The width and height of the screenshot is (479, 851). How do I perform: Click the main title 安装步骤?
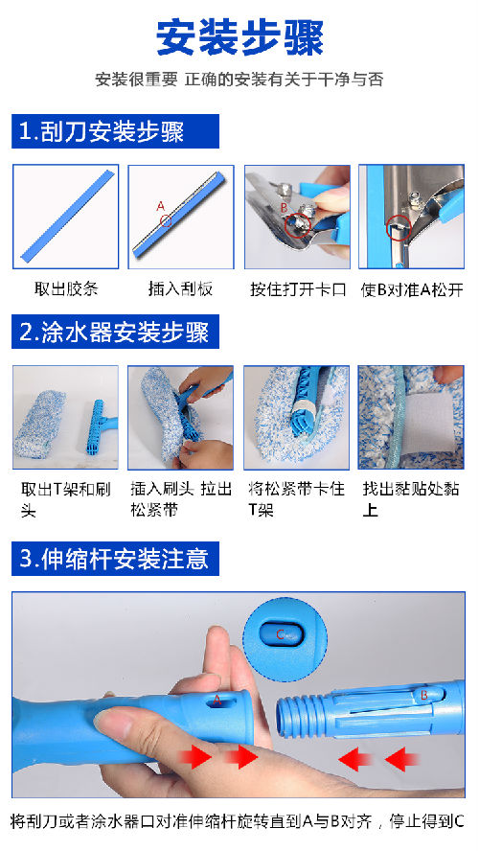pyautogui.click(x=239, y=37)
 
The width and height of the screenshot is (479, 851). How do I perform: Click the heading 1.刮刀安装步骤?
pyautogui.click(x=102, y=132)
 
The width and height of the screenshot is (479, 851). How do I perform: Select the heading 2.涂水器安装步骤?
pyautogui.click(x=114, y=332)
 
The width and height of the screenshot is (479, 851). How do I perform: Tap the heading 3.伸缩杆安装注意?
pyautogui.click(x=114, y=559)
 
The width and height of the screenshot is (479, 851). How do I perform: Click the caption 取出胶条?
pyautogui.click(x=66, y=288)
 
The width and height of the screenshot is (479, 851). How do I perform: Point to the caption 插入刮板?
pyautogui.click(x=181, y=288)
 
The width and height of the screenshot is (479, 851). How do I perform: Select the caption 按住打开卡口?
pyautogui.click(x=298, y=288)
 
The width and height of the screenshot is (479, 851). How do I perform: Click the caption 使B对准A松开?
pyautogui.click(x=412, y=289)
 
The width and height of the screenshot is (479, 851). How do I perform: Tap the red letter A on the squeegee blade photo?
pyautogui.click(x=160, y=206)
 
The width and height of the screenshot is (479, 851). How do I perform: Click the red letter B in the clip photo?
pyautogui.click(x=284, y=207)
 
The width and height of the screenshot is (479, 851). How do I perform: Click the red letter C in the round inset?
pyautogui.click(x=281, y=633)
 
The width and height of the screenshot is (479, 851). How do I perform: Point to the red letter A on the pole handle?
pyautogui.click(x=217, y=701)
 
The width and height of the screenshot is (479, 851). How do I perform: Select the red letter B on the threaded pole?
pyautogui.click(x=424, y=694)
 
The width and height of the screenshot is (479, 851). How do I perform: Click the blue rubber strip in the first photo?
pyautogui.click(x=68, y=216)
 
